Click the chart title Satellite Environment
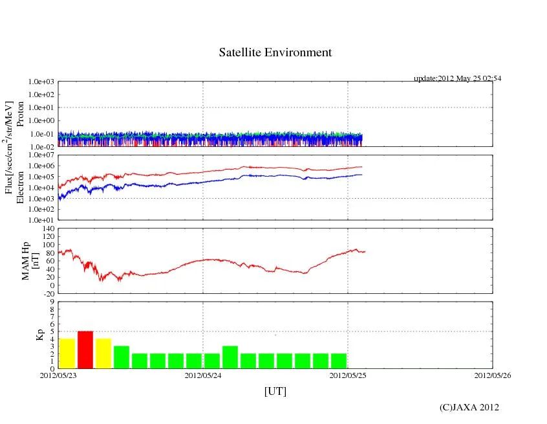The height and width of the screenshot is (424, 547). pyautogui.click(x=275, y=52)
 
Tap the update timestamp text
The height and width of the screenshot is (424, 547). pyautogui.click(x=457, y=78)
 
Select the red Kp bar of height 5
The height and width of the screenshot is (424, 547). pyautogui.click(x=85, y=350)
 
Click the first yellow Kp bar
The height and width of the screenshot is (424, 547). pyautogui.click(x=67, y=353)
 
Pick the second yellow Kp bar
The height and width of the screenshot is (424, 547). pyautogui.click(x=103, y=353)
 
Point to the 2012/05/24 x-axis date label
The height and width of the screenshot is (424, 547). pyautogui.click(x=203, y=374)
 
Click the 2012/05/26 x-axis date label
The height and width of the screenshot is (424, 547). pyautogui.click(x=493, y=374)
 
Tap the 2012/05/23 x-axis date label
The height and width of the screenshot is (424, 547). pyautogui.click(x=58, y=374)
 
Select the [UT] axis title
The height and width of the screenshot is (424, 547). pyautogui.click(x=275, y=391)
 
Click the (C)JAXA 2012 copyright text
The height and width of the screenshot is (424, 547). pyautogui.click(x=469, y=407)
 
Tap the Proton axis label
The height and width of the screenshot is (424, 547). pyautogui.click(x=19, y=115)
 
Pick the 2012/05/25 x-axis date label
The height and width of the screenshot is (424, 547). pyautogui.click(x=348, y=374)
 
